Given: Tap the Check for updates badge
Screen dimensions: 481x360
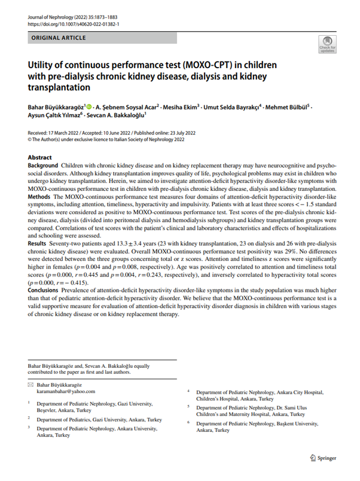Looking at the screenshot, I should [x=327, y=43].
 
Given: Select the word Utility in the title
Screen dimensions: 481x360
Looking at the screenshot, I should [x=43, y=64].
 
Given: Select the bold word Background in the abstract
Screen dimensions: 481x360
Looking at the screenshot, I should [x=46, y=165].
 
